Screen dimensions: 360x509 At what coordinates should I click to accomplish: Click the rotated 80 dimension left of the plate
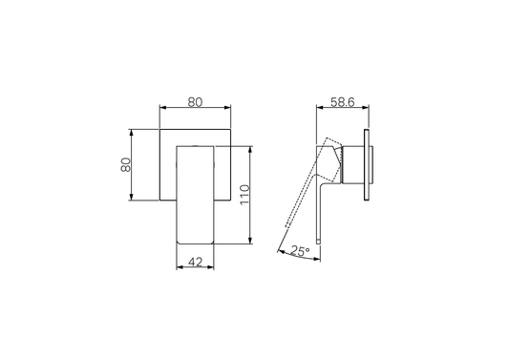tap(125, 164)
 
